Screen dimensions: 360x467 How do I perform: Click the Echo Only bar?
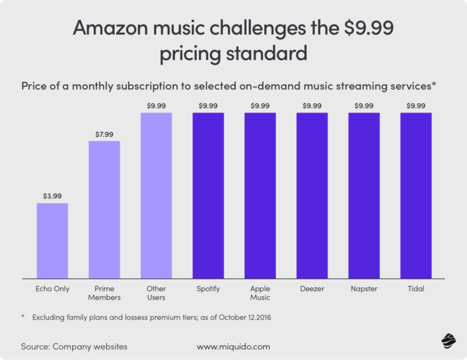tap(52, 241)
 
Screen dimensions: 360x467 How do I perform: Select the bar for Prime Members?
tap(104, 209)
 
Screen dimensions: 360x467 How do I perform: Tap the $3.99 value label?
tap(52, 196)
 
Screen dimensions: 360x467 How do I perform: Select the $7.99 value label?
tap(104, 133)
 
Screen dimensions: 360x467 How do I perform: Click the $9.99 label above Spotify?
tap(208, 105)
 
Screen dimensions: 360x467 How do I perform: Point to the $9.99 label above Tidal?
tap(416, 105)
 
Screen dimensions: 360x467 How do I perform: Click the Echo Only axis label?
tap(52, 289)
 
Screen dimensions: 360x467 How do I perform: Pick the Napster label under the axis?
tap(364, 289)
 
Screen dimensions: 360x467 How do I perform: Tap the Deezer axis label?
tap(312, 289)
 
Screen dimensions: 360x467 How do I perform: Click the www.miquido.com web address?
tap(233, 347)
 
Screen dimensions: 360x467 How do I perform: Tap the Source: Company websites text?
tap(74, 347)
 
